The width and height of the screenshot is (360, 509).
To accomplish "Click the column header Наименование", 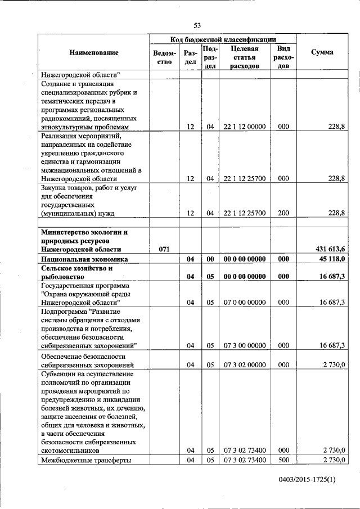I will coord(94,52).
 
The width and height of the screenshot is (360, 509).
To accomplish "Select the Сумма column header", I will coord(321,52).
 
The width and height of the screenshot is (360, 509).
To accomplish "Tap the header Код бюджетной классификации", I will coord(223,39).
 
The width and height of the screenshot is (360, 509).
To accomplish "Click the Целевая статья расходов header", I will coord(244,57).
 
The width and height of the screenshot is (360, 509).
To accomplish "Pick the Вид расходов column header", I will coord(283,57).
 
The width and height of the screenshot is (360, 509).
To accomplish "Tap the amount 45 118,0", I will coord(328,259).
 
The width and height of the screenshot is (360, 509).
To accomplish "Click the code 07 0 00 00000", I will coord(244,303).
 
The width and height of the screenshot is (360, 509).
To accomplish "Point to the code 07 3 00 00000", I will coord(244,345).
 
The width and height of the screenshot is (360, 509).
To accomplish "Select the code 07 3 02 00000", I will coord(244,365).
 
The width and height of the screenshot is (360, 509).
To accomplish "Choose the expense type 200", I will coord(283,213).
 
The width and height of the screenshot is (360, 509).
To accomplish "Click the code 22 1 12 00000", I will coord(244,127).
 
